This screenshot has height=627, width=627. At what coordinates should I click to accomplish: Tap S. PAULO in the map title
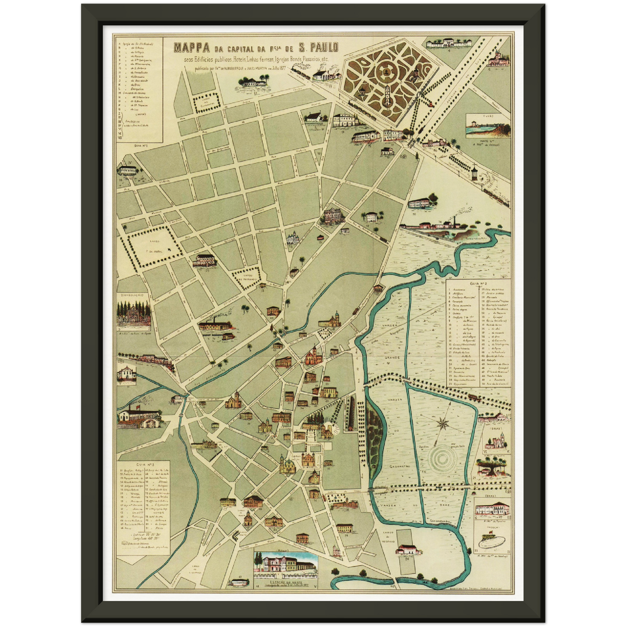click(x=313, y=47)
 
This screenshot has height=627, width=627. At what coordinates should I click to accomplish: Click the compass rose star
click(x=443, y=422)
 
